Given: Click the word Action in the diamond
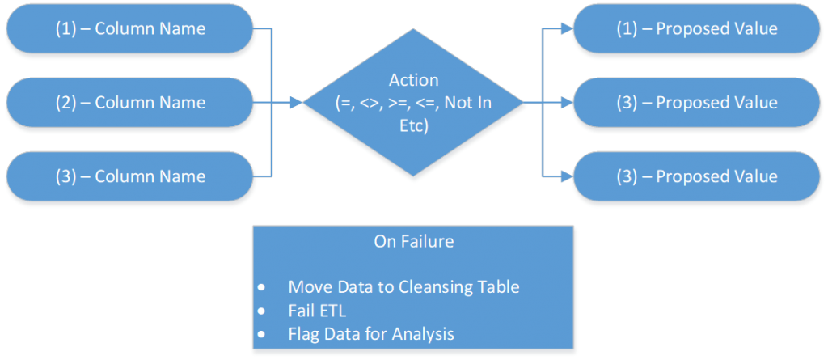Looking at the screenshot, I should [x=414, y=80].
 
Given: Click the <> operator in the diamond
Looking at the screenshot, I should [x=373, y=102].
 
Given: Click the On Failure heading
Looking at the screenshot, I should [x=413, y=241].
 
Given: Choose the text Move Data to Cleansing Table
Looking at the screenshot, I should [x=403, y=287].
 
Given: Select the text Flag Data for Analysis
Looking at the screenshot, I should [x=371, y=332].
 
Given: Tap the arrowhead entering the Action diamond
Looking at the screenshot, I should [x=296, y=103].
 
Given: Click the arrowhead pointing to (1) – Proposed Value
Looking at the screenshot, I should [x=566, y=29].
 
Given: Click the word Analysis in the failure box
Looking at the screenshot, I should [x=426, y=332].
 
